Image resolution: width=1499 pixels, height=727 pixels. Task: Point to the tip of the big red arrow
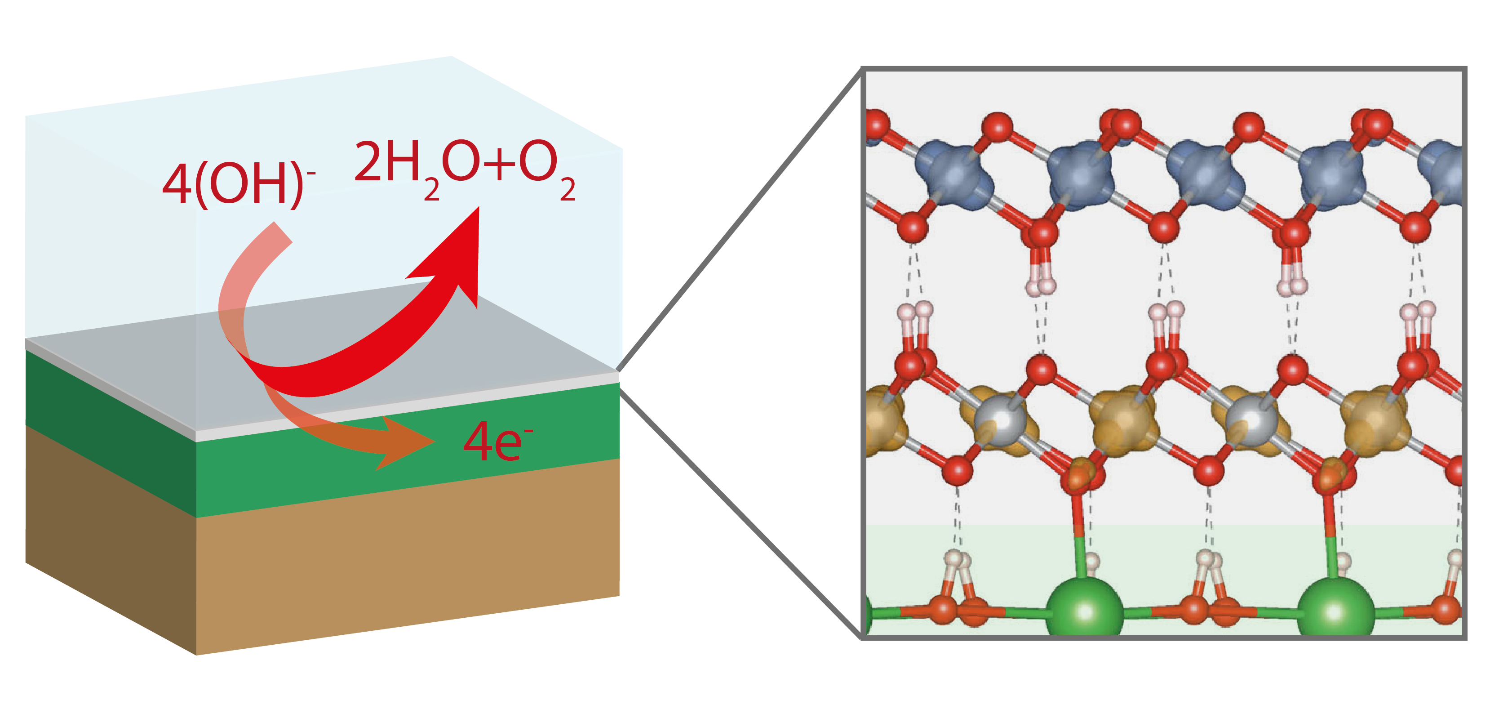pyautogui.click(x=477, y=210)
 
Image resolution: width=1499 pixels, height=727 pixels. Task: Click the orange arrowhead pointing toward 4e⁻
pyautogui.click(x=408, y=442)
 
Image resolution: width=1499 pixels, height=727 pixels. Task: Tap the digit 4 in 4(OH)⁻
pyautogui.click(x=177, y=185)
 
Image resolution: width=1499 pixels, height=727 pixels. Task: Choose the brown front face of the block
pyautogui.click(x=408, y=559)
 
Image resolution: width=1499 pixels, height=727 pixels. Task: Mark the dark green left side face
pyautogui.click(x=111, y=431)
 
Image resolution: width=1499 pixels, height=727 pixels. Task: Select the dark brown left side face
pyautogui.click(x=111, y=541)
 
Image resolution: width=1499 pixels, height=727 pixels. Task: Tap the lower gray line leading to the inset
pyautogui.click(x=739, y=512)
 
